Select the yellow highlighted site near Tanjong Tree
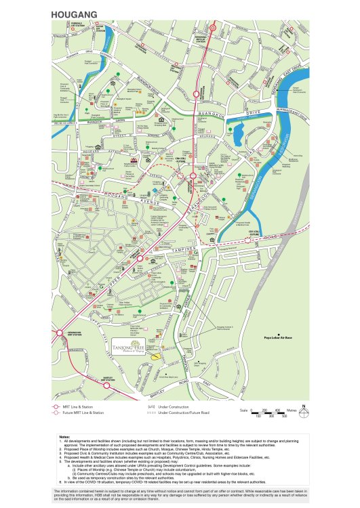[x=157, y=354]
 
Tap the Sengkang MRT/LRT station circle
[x=214, y=28]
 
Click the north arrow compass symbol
[x=304, y=410]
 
